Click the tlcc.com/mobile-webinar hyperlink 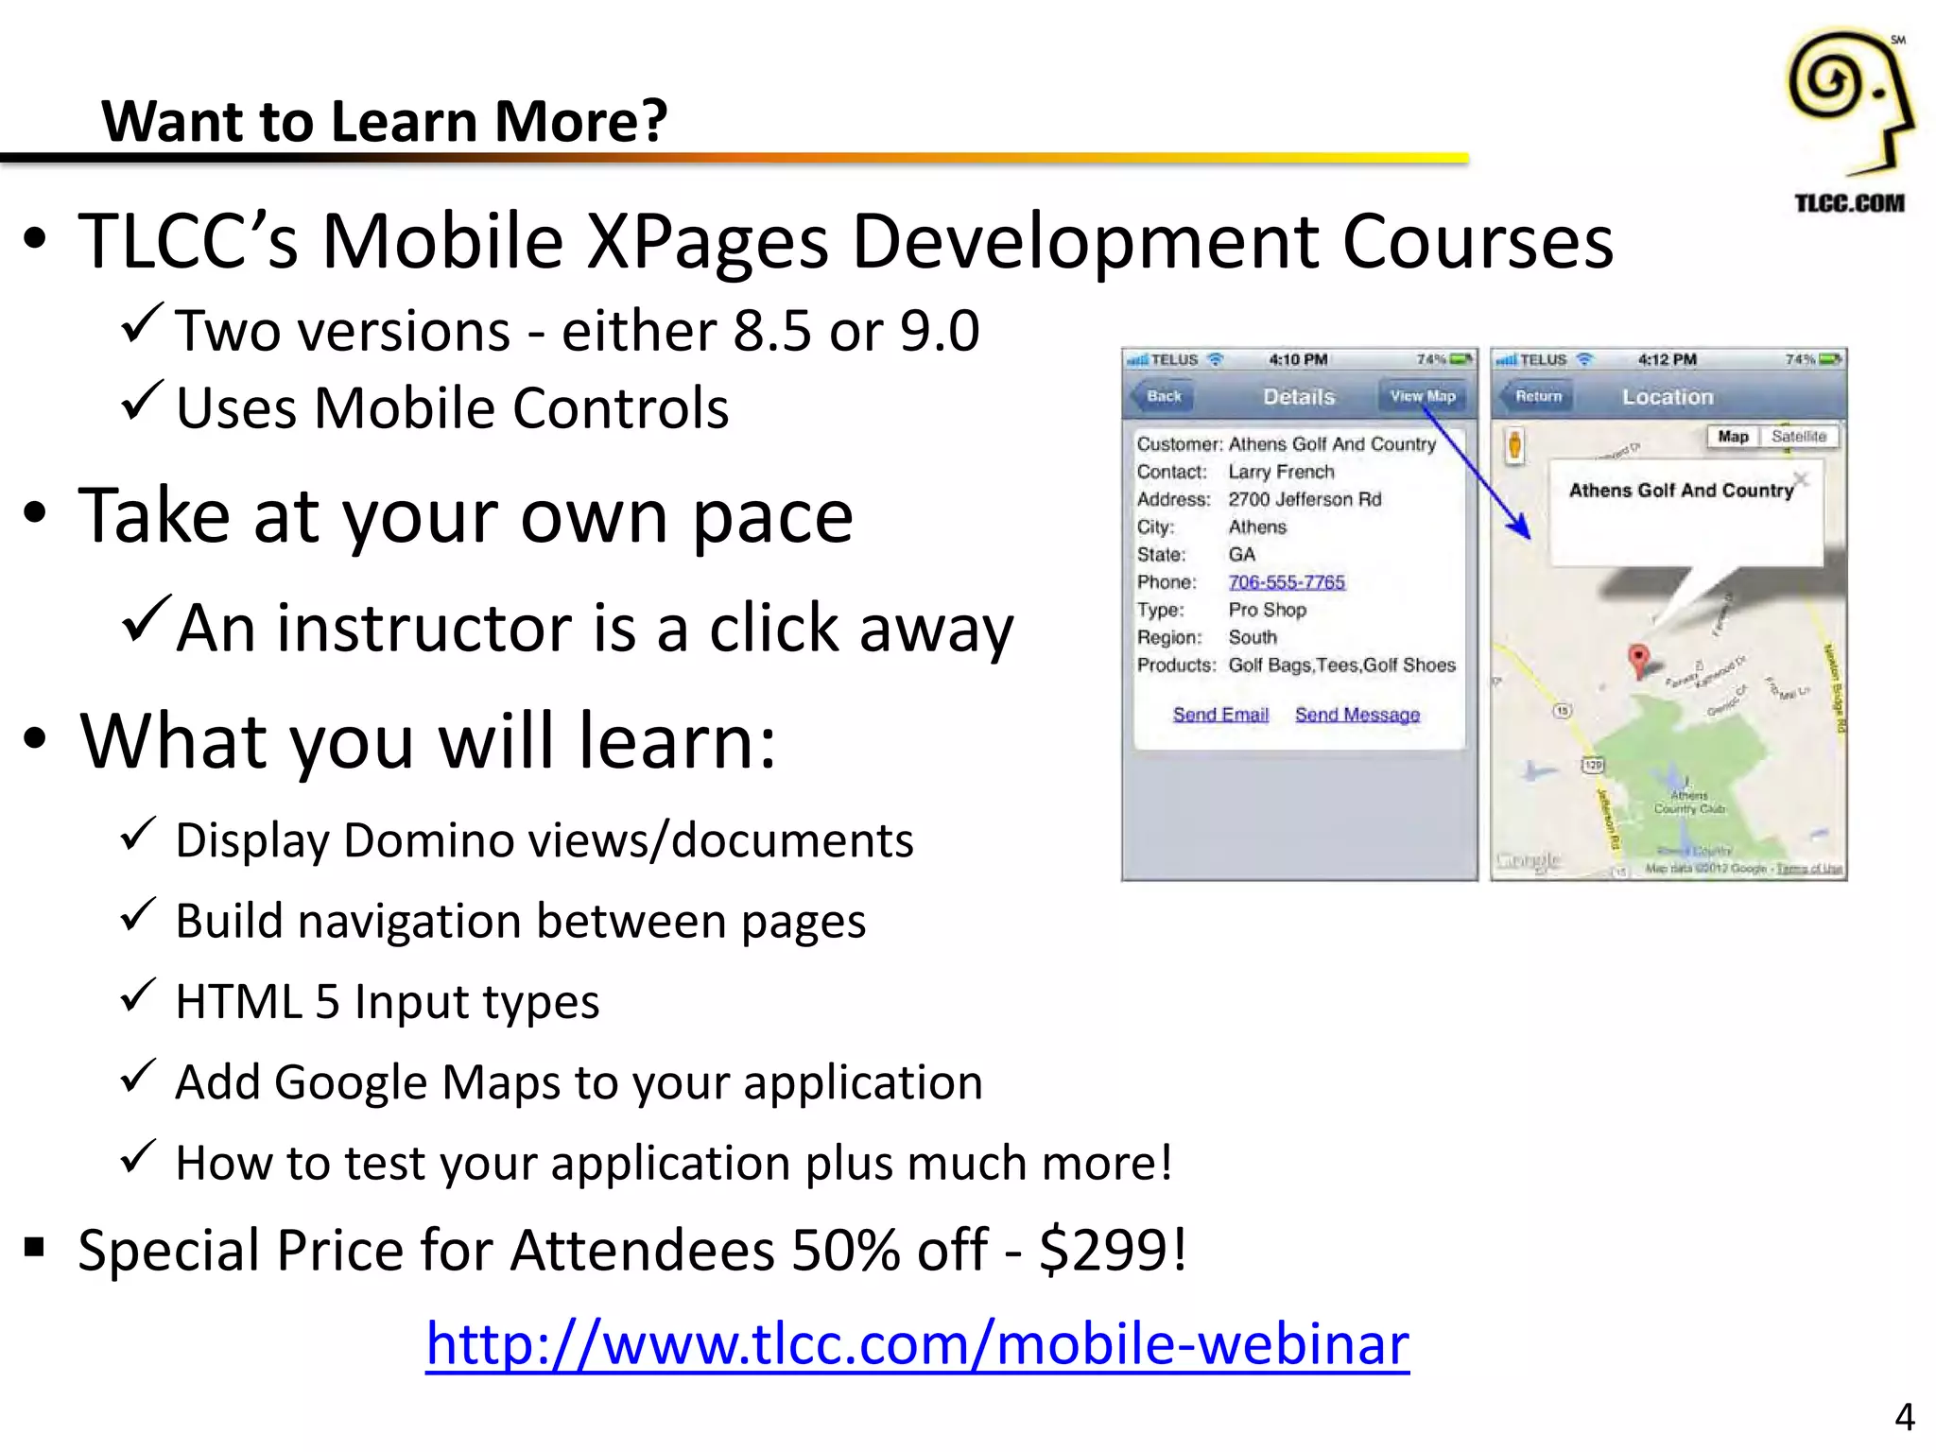pos(917,1344)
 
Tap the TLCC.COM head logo pos(1849,104)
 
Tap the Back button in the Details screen pos(1163,397)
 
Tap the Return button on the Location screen pos(1538,397)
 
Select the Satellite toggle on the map pos(1798,437)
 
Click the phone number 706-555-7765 pos(1287,582)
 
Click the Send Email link pos(1220,715)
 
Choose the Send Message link pos(1357,715)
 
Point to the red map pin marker pos(1639,658)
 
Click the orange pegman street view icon pos(1514,444)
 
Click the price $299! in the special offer pos(1113,1251)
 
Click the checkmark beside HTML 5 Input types pos(139,996)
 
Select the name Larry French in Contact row pos(1281,472)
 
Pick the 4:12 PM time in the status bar pos(1667,360)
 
